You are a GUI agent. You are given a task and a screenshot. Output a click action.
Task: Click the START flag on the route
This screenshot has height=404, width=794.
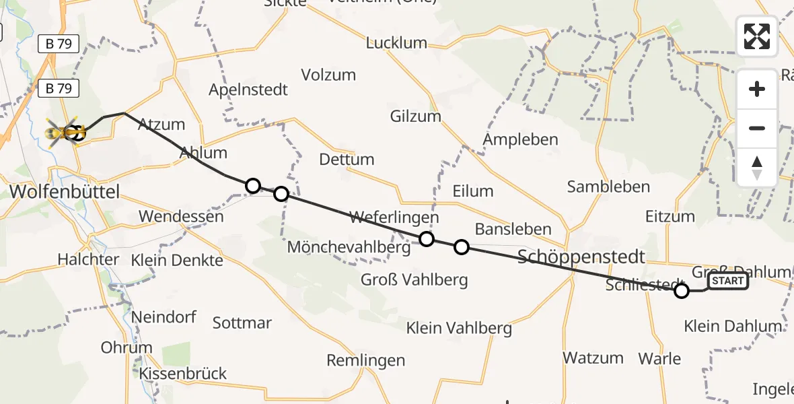click(728, 281)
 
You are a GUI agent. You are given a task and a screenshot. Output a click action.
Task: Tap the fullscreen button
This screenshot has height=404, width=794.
click(757, 36)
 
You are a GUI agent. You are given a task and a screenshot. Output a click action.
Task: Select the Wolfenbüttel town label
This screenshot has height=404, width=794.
click(65, 192)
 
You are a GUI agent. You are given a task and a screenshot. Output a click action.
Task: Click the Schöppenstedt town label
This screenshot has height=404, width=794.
click(582, 257)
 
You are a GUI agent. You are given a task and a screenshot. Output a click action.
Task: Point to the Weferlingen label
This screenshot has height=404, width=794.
click(394, 217)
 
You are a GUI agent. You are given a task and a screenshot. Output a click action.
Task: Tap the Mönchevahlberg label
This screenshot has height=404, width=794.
click(349, 247)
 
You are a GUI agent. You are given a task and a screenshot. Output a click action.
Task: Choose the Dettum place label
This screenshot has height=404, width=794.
click(347, 160)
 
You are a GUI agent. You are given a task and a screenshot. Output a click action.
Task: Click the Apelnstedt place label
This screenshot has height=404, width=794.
click(248, 90)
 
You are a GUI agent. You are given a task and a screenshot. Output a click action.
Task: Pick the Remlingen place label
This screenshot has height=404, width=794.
click(366, 360)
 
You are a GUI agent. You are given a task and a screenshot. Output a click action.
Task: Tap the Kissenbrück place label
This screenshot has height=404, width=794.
click(183, 373)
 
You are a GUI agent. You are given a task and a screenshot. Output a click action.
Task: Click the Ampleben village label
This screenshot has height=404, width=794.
click(521, 140)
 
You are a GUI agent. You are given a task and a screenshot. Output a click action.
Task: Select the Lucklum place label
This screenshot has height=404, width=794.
click(396, 43)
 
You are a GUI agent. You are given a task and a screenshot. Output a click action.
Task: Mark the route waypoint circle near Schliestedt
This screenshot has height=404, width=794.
click(682, 291)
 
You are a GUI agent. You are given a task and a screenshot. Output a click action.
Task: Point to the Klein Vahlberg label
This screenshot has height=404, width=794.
click(459, 329)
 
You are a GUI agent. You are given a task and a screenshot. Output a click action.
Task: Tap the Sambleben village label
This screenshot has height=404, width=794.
click(608, 187)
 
